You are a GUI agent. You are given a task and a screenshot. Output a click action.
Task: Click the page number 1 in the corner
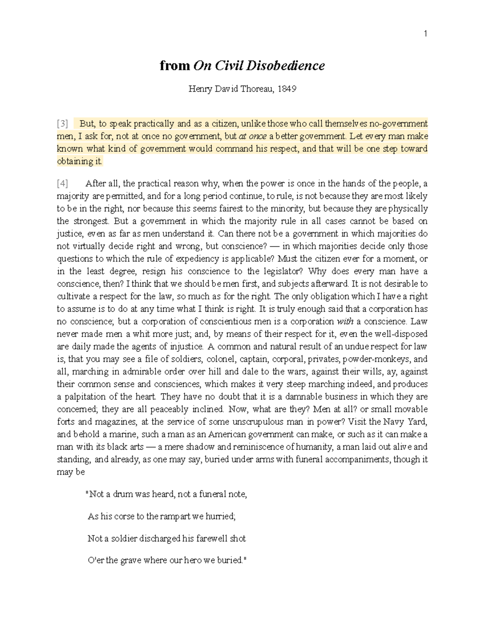[425, 34]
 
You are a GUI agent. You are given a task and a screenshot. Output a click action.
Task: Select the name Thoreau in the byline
[256, 89]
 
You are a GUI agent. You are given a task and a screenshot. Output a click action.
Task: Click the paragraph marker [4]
[62, 184]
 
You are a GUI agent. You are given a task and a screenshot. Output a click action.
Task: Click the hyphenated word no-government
[399, 124]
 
